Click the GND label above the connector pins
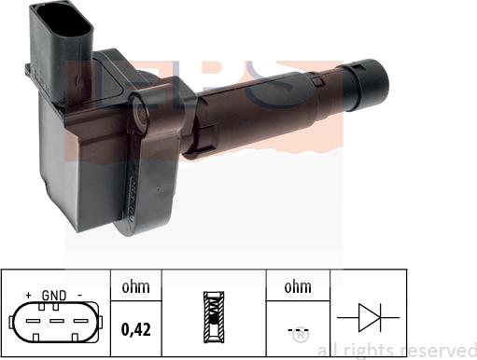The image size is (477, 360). point(54,296)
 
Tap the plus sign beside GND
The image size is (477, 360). point(30,296)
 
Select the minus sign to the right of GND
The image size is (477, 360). point(79,296)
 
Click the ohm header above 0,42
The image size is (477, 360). point(136,287)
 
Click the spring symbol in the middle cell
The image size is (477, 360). point(214,317)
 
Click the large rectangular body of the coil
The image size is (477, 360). point(89,168)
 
